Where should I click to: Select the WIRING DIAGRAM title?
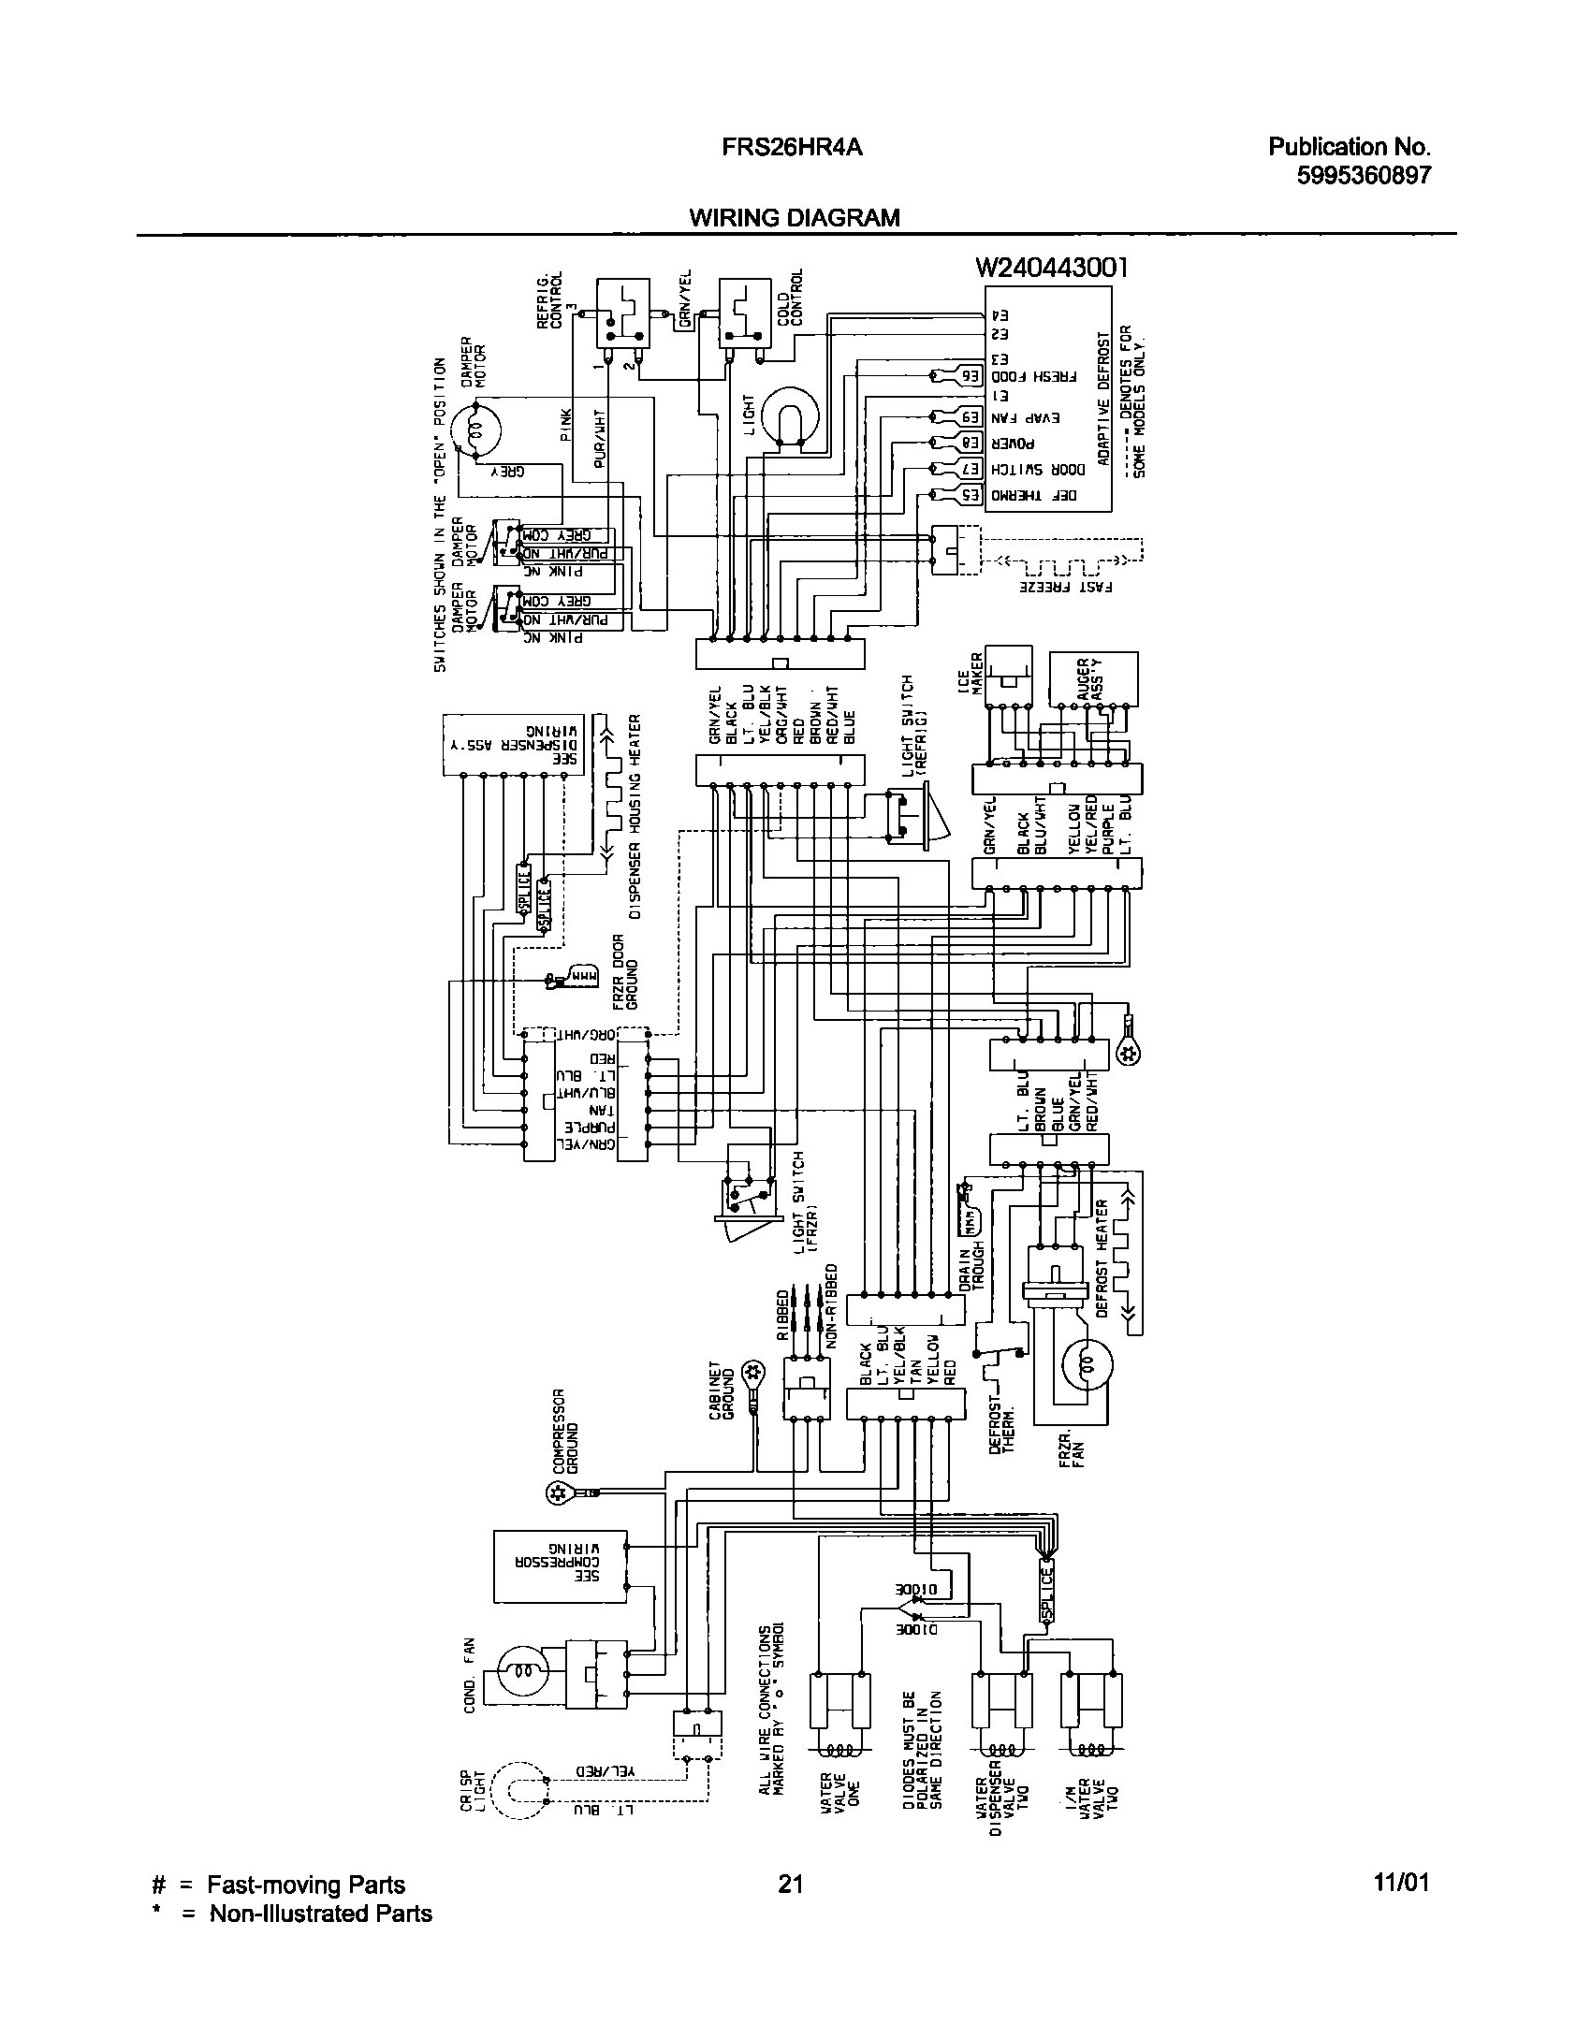(x=794, y=218)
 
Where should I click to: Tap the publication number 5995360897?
(x=1364, y=175)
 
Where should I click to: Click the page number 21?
(x=791, y=1884)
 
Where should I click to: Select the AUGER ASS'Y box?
(x=1094, y=678)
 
